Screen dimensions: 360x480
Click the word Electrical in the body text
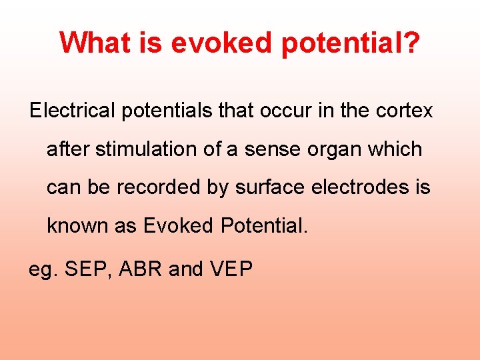[x=72, y=111]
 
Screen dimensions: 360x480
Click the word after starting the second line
[x=68, y=149]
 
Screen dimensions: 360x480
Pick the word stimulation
[x=147, y=149]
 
